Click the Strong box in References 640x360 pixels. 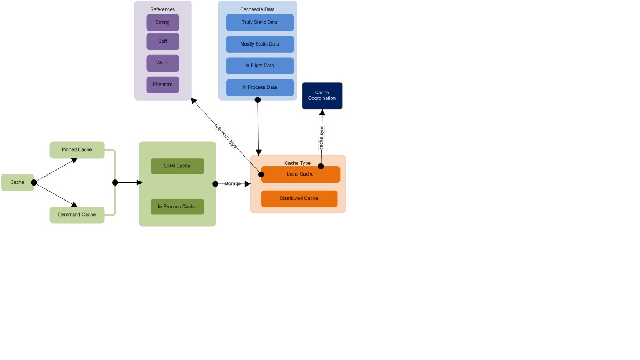click(x=163, y=22)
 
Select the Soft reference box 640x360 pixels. click(x=163, y=41)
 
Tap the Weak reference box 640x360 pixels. click(x=163, y=63)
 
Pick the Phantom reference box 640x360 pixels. click(x=163, y=84)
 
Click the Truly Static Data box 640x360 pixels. click(x=259, y=22)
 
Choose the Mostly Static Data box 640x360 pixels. click(x=259, y=44)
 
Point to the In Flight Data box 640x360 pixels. click(x=259, y=66)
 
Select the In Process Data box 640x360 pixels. click(x=259, y=87)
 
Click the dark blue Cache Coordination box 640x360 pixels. click(x=322, y=96)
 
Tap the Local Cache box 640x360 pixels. click(x=301, y=174)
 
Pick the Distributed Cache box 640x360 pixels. click(x=299, y=198)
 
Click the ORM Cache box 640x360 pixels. click(x=177, y=166)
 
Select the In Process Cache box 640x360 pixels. click(x=177, y=207)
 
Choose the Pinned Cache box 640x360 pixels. click(x=77, y=150)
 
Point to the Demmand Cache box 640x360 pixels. click(x=77, y=214)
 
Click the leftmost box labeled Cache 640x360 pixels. click(x=17, y=182)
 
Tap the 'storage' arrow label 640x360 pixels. click(x=233, y=183)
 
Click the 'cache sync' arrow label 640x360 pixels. click(x=322, y=137)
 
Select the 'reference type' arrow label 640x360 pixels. click(x=226, y=135)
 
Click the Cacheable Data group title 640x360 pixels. click(x=257, y=9)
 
